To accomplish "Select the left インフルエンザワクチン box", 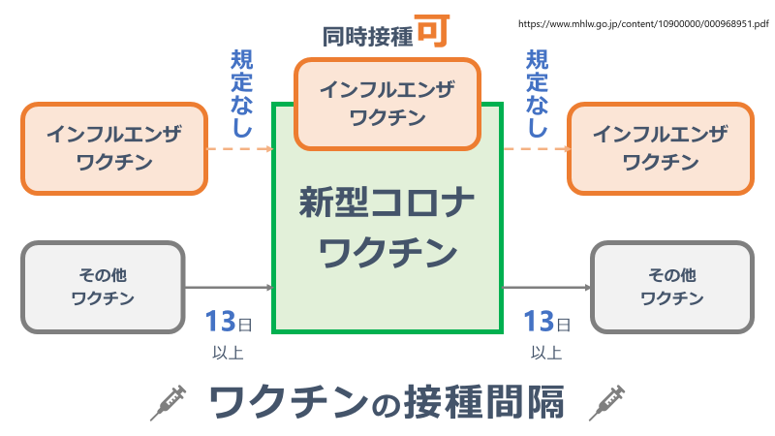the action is (x=114, y=148).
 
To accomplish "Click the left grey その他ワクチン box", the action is (x=103, y=287).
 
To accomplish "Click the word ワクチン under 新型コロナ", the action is (x=387, y=254).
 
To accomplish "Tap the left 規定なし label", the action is (x=241, y=93).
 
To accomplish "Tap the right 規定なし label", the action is (x=536, y=93).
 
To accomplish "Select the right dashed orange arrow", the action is (x=535, y=149).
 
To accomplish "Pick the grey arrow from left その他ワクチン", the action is (x=229, y=288).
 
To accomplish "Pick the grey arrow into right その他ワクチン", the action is (x=546, y=288).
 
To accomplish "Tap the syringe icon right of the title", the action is (x=606, y=401).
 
